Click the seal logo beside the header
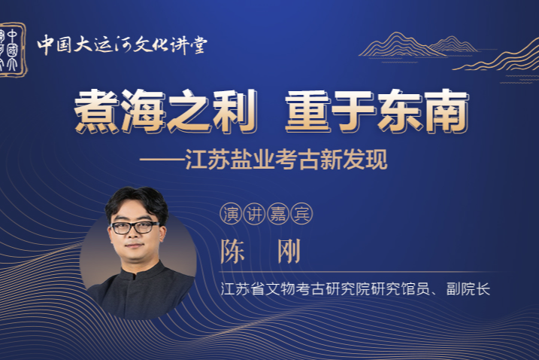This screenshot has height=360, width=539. pyautogui.click(x=13, y=50)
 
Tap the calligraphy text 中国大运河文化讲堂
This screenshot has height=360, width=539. pyautogui.click(x=122, y=44)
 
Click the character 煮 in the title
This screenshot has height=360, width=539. pyautogui.click(x=97, y=111)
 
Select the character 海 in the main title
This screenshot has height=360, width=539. pyautogui.click(x=143, y=111)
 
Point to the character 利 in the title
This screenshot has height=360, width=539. pyautogui.click(x=235, y=111)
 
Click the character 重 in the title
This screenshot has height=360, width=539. pyautogui.click(x=308, y=111)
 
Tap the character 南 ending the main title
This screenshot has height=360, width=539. pyautogui.click(x=447, y=111)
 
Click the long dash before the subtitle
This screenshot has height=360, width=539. pyautogui.click(x=162, y=160)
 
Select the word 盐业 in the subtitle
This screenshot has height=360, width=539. pyautogui.click(x=253, y=160)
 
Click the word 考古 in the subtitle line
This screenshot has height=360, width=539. pyautogui.click(x=298, y=160)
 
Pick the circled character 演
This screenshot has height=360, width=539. pyautogui.click(x=231, y=214)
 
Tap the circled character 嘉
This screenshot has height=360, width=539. pyautogui.click(x=277, y=214)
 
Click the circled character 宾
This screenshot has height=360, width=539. pyautogui.click(x=301, y=214)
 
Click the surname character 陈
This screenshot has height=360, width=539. pyautogui.click(x=233, y=251)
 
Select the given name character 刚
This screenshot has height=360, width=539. pyautogui.click(x=289, y=251)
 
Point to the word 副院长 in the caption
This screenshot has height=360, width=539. pyautogui.click(x=468, y=288)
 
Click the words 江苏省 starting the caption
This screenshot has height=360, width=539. pyautogui.click(x=243, y=288)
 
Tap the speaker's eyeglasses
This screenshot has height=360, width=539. pyautogui.click(x=135, y=227)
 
